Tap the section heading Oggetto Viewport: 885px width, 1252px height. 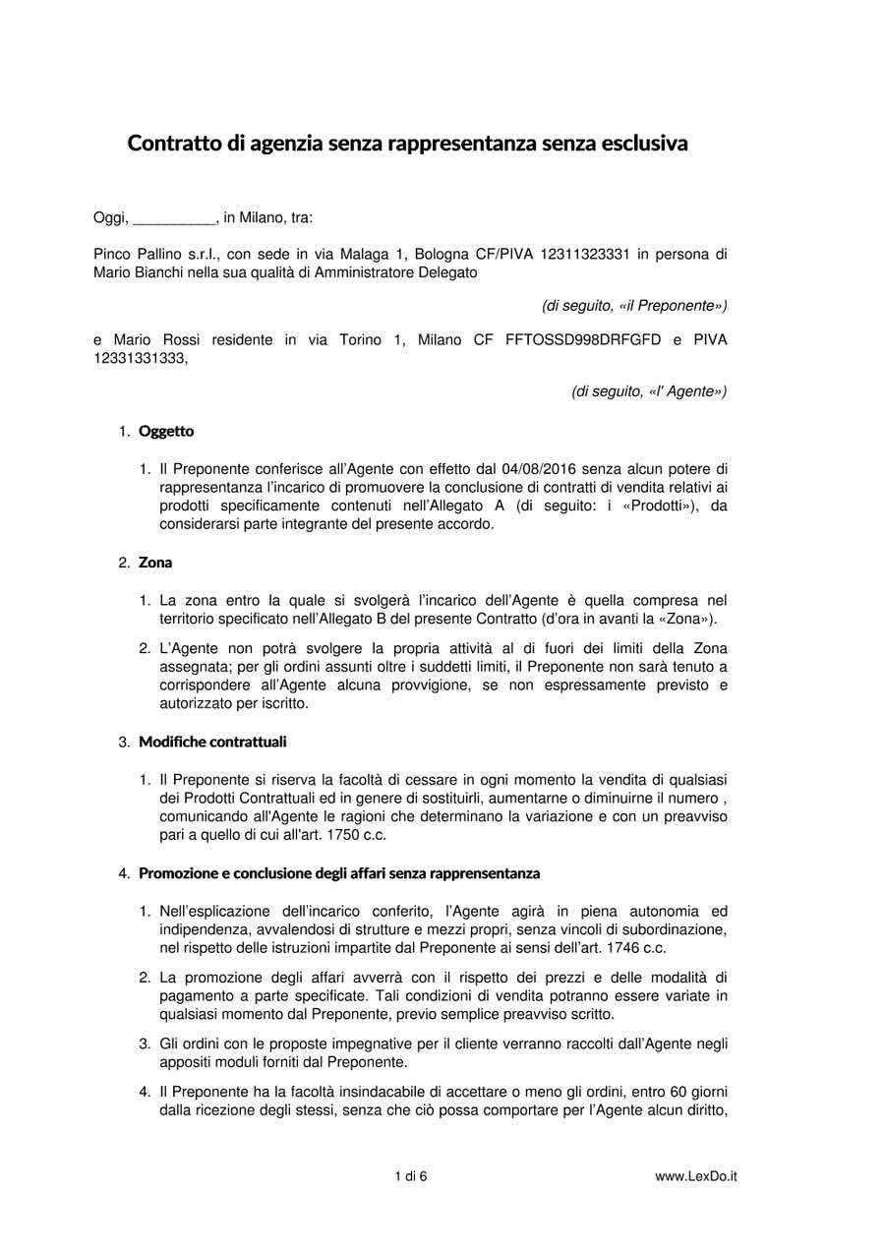(x=166, y=431)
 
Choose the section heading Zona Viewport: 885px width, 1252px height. (x=155, y=563)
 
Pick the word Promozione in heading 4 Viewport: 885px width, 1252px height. (x=180, y=872)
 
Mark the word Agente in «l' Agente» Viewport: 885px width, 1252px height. (x=696, y=392)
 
